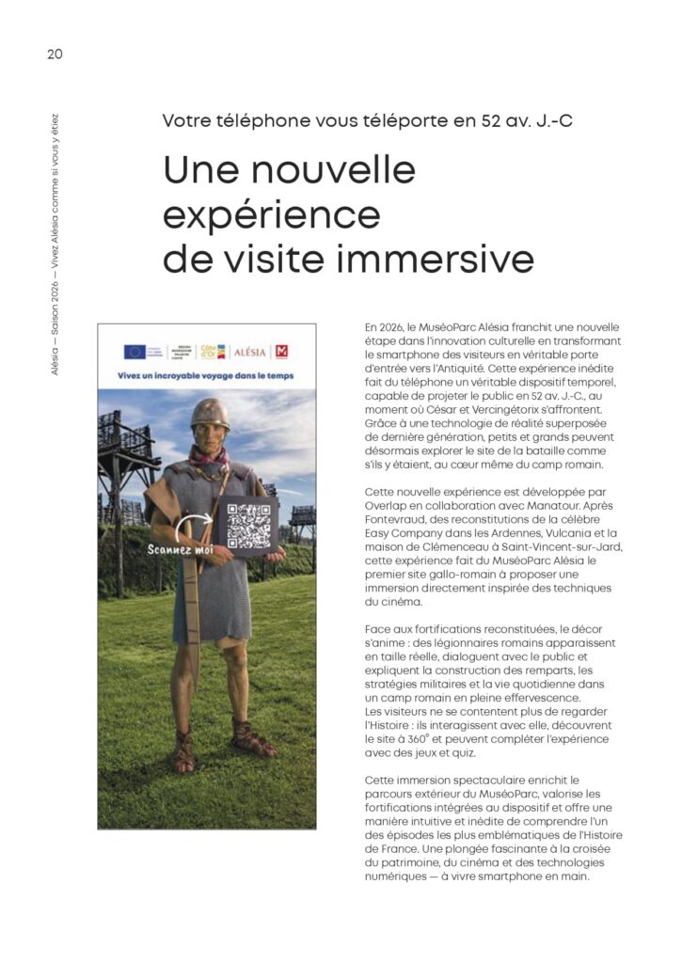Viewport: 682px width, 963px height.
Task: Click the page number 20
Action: (55, 54)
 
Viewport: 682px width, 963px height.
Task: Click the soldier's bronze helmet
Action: (209, 414)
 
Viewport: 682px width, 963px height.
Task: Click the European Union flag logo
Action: (135, 352)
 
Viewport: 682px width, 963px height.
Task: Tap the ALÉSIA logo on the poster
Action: (250, 352)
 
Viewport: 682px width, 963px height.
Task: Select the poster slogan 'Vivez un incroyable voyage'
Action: (179, 374)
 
